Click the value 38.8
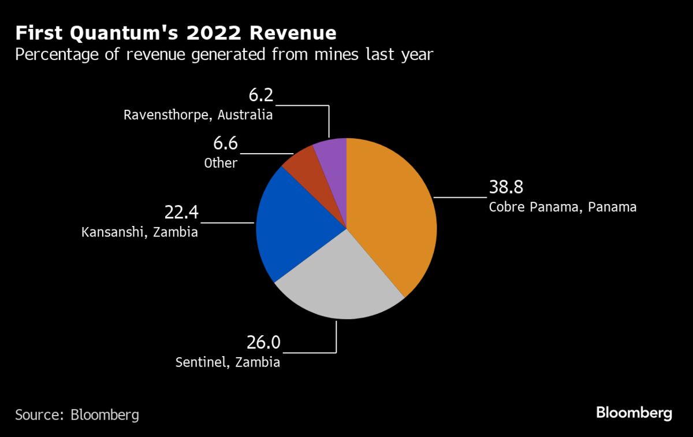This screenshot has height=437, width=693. point(506,188)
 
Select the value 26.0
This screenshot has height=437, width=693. point(263,343)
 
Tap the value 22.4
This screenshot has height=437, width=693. point(181,213)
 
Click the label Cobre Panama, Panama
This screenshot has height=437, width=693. point(562,207)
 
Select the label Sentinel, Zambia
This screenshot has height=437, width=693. point(228,362)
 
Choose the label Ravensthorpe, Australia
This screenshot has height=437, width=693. point(198,114)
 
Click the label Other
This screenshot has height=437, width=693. point(221,163)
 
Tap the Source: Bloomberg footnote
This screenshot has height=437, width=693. point(77,414)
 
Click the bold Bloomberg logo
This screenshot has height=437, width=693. point(634,413)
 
